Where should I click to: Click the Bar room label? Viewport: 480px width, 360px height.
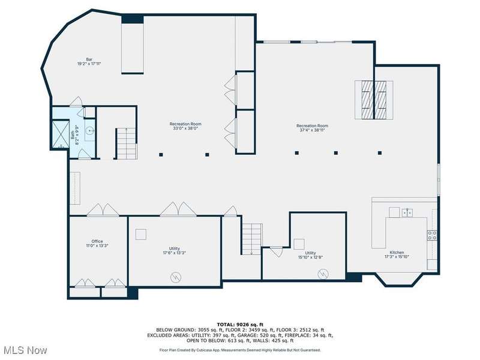(x=89, y=59)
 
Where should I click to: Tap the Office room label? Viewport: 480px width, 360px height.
(x=97, y=241)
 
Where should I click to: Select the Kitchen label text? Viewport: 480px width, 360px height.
(x=397, y=253)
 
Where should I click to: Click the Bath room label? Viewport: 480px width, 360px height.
(x=73, y=136)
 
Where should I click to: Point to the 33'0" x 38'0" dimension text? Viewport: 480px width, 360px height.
(x=185, y=128)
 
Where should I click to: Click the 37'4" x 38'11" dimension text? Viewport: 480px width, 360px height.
(x=312, y=130)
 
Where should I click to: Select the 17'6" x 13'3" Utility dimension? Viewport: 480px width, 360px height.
(x=175, y=253)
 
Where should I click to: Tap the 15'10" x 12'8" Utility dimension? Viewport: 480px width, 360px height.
(x=310, y=257)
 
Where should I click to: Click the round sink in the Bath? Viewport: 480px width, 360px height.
(x=89, y=131)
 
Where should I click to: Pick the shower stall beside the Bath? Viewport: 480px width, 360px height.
(x=61, y=134)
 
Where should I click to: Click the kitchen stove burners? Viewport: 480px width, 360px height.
(x=432, y=235)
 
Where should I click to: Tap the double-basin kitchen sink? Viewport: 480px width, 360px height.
(x=407, y=212)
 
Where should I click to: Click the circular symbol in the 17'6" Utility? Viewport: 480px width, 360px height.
(x=176, y=278)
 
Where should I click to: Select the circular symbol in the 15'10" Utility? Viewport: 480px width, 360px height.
(x=323, y=274)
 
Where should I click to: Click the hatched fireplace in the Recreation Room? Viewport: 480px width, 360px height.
(x=374, y=100)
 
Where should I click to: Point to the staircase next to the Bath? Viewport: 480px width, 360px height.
(x=126, y=143)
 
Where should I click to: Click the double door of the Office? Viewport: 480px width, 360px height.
(x=103, y=210)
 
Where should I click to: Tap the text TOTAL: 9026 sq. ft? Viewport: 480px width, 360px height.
(x=240, y=325)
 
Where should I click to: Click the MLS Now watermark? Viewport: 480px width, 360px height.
(x=24, y=350)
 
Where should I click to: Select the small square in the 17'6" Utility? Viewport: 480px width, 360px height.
(x=141, y=234)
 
